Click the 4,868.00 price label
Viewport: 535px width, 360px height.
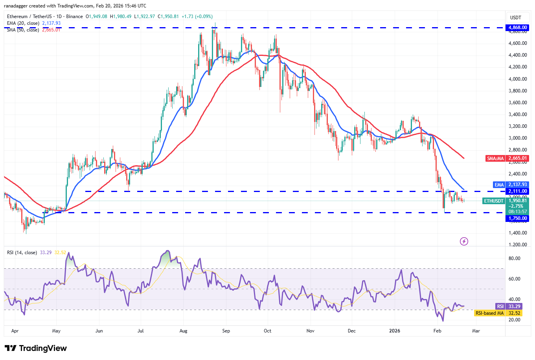point(517,28)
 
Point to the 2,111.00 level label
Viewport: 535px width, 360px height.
point(517,191)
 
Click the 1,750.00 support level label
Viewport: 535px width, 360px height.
point(517,218)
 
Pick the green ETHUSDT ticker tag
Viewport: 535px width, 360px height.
point(494,201)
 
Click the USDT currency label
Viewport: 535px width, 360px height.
point(515,17)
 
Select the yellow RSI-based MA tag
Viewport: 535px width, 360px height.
point(489,313)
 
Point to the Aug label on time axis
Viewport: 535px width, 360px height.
point(183,331)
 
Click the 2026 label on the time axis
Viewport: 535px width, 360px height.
point(394,331)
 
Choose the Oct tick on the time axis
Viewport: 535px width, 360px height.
point(267,331)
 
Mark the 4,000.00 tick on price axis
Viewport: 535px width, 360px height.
point(517,79)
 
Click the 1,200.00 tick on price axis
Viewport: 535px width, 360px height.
point(517,245)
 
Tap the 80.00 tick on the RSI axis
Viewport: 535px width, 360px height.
point(514,258)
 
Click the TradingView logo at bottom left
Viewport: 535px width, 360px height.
point(35,348)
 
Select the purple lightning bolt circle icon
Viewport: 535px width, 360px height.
point(464,241)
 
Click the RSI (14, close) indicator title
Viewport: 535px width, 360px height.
point(22,253)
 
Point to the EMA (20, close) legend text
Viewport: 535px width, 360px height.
point(23,23)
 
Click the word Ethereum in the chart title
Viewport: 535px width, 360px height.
point(17,17)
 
